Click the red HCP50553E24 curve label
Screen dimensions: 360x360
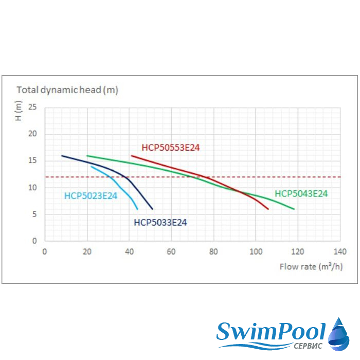170,148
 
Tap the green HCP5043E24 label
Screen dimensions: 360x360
301,194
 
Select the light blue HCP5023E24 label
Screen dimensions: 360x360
91,195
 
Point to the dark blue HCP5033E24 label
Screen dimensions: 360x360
160,223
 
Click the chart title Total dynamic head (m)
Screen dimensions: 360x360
67,90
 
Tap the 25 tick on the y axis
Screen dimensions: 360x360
33,107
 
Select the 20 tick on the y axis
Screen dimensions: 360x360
33,134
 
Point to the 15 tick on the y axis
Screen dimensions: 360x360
33,160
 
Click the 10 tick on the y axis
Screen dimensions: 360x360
33,188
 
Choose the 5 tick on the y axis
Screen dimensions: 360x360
35,214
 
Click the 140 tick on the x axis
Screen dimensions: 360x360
339,252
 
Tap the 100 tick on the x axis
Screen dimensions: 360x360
256,252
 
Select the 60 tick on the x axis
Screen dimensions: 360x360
171,252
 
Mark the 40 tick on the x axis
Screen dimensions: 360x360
129,252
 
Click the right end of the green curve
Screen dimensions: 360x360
294,209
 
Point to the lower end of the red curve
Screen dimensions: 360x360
268,209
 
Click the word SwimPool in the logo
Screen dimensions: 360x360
272,331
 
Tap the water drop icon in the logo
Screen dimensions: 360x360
339,334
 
